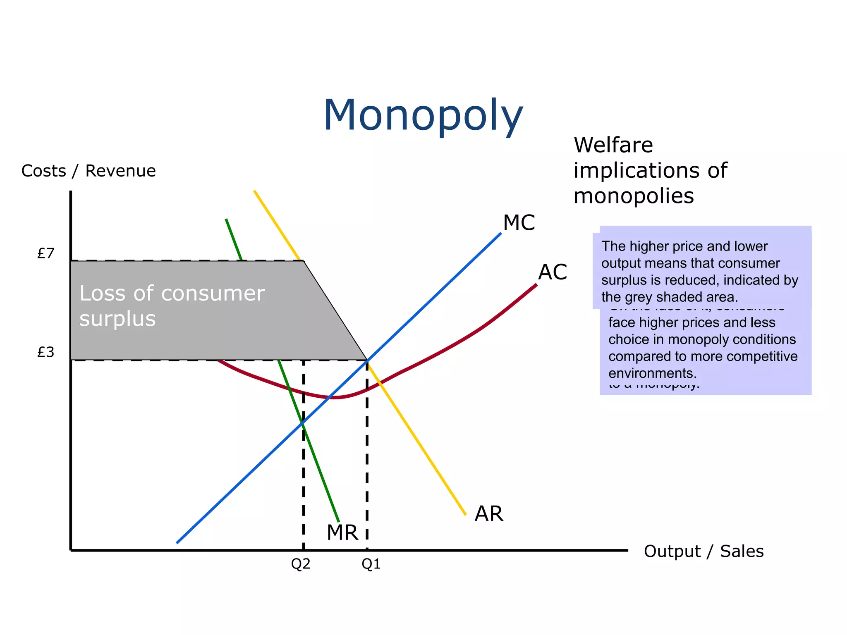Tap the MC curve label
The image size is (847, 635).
pos(519,223)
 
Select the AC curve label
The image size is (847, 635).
pos(553,272)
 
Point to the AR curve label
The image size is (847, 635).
pos(489,514)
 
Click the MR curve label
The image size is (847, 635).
pos(342,532)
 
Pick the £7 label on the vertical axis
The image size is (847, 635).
pos(46,253)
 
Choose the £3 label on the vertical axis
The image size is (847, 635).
pos(46,352)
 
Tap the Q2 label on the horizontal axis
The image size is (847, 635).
pos(301,564)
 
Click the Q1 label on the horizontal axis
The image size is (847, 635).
pos(371,564)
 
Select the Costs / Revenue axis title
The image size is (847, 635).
pos(89,171)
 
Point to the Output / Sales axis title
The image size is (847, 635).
pos(703,551)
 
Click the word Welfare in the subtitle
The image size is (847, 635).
pos(613,145)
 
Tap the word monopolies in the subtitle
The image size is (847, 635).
pos(634,196)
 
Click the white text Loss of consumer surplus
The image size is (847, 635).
pos(172,306)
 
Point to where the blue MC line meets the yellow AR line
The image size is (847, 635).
pos(367,360)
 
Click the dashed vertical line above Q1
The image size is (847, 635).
pos(367,455)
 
